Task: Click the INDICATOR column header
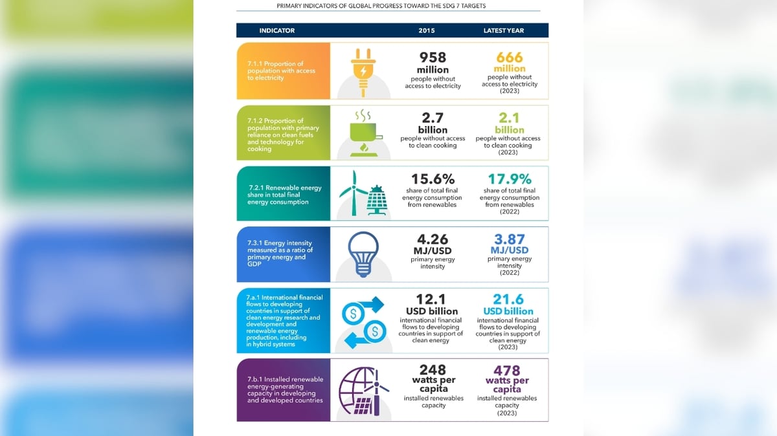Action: pyautogui.click(x=277, y=30)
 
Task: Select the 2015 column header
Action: pyautogui.click(x=426, y=30)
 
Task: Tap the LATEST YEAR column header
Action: pyautogui.click(x=504, y=30)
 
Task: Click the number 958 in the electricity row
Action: pyautogui.click(x=433, y=57)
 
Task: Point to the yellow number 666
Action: pyautogui.click(x=509, y=57)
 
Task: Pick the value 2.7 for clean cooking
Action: pyautogui.click(x=433, y=118)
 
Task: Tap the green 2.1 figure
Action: pyautogui.click(x=509, y=118)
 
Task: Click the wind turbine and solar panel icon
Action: pyautogui.click(x=363, y=193)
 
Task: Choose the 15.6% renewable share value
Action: pyautogui.click(x=433, y=179)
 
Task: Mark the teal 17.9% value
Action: pyautogui.click(x=510, y=179)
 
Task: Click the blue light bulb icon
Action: pyautogui.click(x=363, y=254)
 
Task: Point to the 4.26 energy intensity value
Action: pyautogui.click(x=433, y=239)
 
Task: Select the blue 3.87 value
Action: pyautogui.click(x=509, y=239)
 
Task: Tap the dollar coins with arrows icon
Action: pyautogui.click(x=363, y=322)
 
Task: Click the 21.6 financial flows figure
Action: pyautogui.click(x=508, y=300)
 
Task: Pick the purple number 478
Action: pyautogui.click(x=507, y=371)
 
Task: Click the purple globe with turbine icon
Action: pyautogui.click(x=363, y=391)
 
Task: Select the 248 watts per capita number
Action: pyautogui.click(x=433, y=370)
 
